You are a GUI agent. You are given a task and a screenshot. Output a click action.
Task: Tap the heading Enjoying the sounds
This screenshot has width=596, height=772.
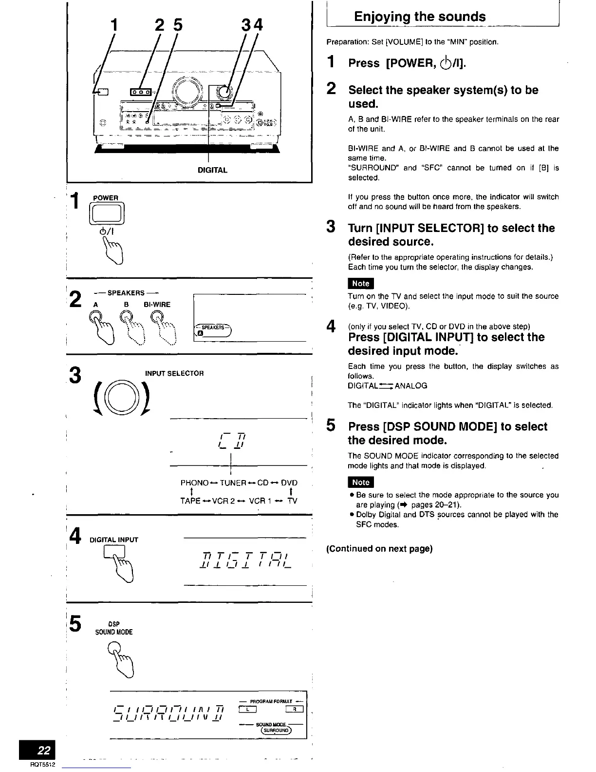pyautogui.click(x=419, y=17)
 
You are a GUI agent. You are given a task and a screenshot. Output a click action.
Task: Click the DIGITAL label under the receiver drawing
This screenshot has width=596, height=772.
pyautogui.click(x=212, y=170)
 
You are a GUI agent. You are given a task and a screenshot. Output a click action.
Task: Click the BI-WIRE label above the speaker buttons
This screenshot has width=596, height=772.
pyautogui.click(x=157, y=305)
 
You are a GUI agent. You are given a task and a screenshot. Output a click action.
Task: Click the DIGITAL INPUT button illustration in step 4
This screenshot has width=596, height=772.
pyautogui.click(x=114, y=551)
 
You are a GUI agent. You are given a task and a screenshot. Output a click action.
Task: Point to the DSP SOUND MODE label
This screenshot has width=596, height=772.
pyautogui.click(x=114, y=628)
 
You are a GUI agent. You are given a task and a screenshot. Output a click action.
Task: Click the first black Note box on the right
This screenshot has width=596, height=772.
pyautogui.click(x=360, y=283)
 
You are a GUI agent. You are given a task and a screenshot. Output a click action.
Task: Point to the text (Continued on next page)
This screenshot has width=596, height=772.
pyautogui.click(x=379, y=549)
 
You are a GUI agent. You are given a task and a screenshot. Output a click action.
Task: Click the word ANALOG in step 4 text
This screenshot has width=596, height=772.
pyautogui.click(x=411, y=386)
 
